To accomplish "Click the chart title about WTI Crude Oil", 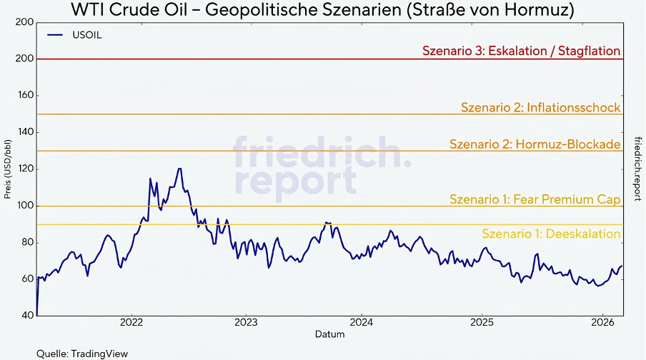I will click(322, 11).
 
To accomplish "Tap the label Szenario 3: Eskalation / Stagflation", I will click(521, 51).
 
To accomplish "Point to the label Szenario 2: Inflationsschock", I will click(540, 107).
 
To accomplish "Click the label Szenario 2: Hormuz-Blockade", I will click(535, 144).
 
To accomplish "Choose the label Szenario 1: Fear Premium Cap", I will click(535, 199).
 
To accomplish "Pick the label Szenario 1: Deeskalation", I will click(551, 234).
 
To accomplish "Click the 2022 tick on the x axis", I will click(132, 322).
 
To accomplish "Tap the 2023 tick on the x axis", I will click(246, 322).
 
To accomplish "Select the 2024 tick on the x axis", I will click(362, 322).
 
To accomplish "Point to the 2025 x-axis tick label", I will click(482, 322).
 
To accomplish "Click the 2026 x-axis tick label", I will click(602, 322).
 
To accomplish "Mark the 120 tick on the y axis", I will click(25, 169).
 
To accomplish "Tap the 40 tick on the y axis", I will click(27, 315).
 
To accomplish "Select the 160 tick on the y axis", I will click(25, 95).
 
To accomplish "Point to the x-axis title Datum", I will click(329, 334).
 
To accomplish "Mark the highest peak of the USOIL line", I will click(179, 169).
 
